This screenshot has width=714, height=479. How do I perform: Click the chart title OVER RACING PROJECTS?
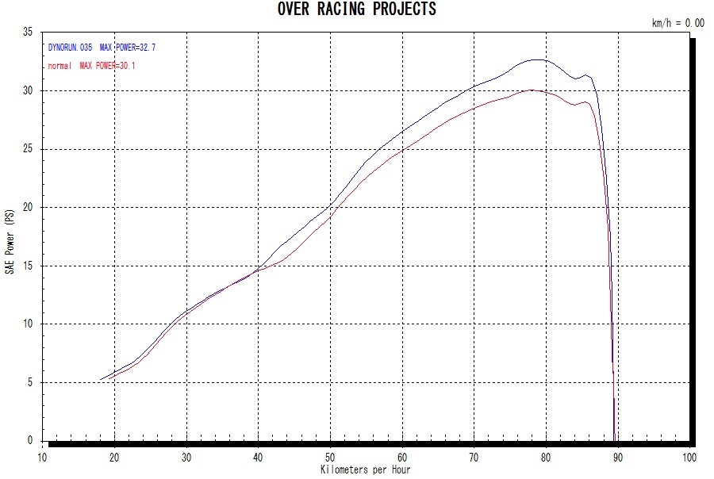point(356,10)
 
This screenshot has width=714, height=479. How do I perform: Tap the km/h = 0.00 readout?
point(678,23)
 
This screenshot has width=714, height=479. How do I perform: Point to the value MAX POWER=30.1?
point(107,66)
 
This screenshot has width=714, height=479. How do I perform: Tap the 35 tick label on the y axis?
point(27,33)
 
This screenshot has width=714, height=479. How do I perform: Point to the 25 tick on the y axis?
point(27,149)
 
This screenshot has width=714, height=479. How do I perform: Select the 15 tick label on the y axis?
point(27,266)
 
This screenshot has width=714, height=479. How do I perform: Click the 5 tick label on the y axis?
point(29,382)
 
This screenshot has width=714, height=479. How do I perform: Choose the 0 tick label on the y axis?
point(29,441)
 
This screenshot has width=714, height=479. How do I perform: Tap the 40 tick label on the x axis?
point(258,458)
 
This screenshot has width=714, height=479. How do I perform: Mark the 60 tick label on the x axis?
point(402,458)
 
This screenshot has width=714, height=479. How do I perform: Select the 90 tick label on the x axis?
point(617,458)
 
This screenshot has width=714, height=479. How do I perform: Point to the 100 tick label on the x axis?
point(689,458)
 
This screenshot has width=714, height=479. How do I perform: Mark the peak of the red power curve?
point(532,90)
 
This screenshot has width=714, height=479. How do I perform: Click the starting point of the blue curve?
point(101,380)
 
